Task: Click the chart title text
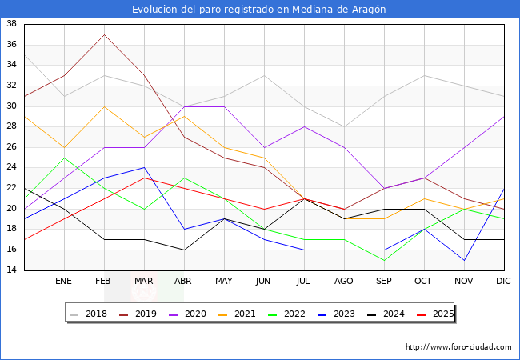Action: pyautogui.click(x=259, y=10)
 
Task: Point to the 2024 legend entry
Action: pyautogui.click(x=383, y=314)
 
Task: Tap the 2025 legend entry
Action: pyautogui.click(x=432, y=314)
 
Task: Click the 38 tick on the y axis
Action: pyautogui.click(x=12, y=24)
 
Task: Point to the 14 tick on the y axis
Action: pyautogui.click(x=12, y=270)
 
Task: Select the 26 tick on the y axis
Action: pyautogui.click(x=12, y=147)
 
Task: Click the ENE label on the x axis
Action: pyautogui.click(x=64, y=282)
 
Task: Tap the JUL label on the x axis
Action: pyautogui.click(x=304, y=282)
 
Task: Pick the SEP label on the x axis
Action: pyautogui.click(x=384, y=282)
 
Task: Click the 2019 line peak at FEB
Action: pyautogui.click(x=104, y=34)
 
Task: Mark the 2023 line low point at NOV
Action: pyautogui.click(x=464, y=260)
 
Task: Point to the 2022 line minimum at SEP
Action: pyautogui.click(x=384, y=260)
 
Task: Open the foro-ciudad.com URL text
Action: pyautogui.click(x=458, y=347)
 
